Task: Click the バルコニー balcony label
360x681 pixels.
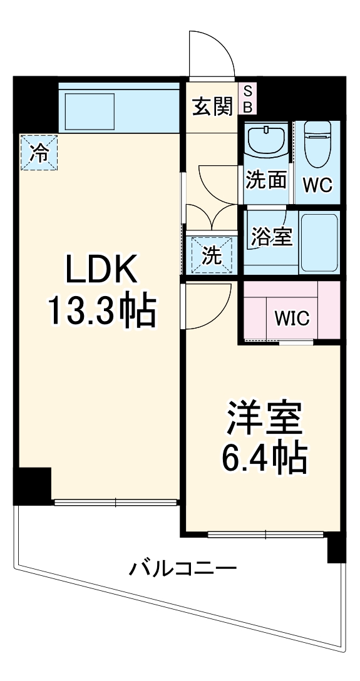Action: (x=183, y=569)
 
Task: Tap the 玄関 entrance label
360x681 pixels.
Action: (x=212, y=107)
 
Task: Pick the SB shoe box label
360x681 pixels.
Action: (x=247, y=100)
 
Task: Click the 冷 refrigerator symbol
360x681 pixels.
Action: (x=39, y=153)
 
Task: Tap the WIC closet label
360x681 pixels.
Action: (x=292, y=318)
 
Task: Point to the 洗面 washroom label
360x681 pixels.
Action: (x=265, y=181)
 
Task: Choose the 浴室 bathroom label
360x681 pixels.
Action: (x=272, y=237)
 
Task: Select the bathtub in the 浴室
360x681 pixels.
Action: (x=319, y=243)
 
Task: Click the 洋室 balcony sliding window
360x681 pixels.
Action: (x=265, y=535)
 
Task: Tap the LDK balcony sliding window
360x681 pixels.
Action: (x=116, y=501)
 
